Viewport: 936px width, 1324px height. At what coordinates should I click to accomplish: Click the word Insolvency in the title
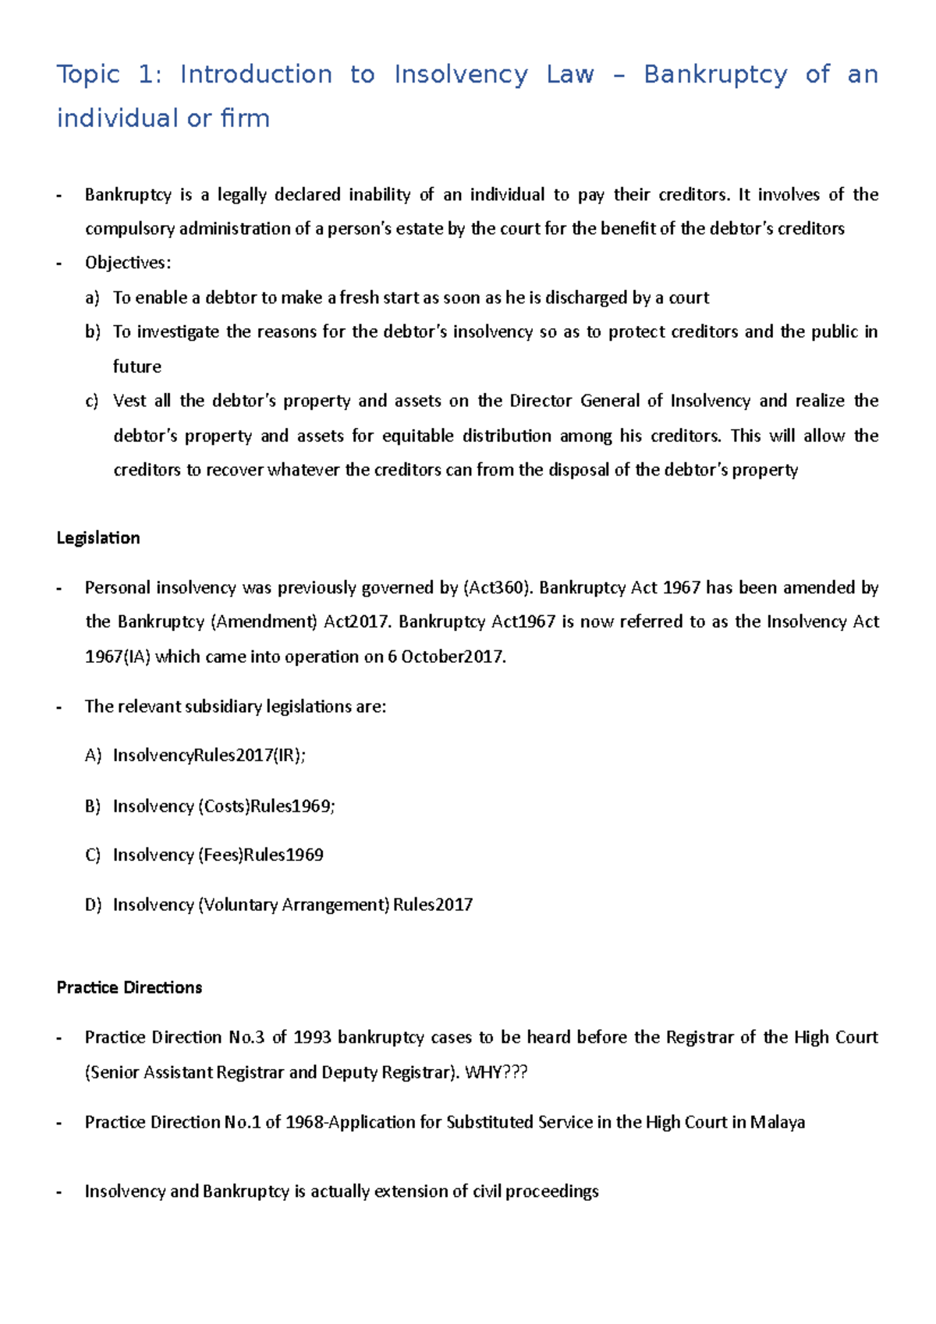(460, 75)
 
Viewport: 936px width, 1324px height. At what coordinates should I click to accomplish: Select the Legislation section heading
(98, 538)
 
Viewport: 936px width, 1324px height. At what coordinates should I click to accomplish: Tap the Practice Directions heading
(129, 987)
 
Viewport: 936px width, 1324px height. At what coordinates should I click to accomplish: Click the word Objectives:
(128, 263)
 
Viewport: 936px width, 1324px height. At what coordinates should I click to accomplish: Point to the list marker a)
(93, 298)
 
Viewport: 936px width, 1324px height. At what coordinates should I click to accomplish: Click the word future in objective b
(137, 366)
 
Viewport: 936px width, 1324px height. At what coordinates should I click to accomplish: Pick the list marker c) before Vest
(92, 401)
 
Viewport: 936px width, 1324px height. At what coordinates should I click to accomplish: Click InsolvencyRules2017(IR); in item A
(209, 756)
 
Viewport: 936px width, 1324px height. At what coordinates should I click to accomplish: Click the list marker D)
(93, 905)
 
